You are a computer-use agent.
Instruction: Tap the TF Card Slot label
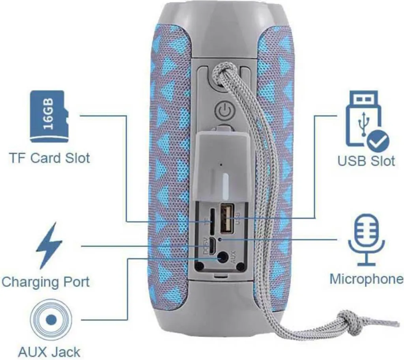pyautogui.click(x=49, y=159)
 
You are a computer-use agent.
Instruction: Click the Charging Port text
pyautogui.click(x=45, y=282)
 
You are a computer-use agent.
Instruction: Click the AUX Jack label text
pyautogui.click(x=49, y=351)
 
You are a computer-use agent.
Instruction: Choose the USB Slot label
pyautogui.click(x=366, y=161)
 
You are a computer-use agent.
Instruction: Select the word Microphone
pyautogui.click(x=366, y=279)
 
